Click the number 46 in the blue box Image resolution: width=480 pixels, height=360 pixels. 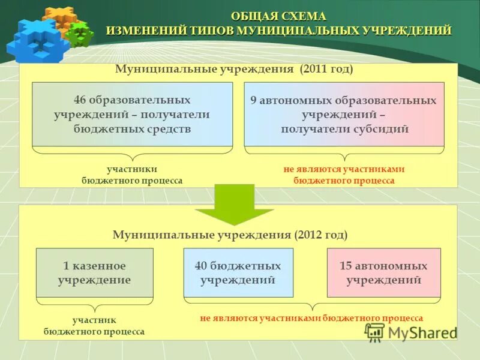pyautogui.click(x=80, y=100)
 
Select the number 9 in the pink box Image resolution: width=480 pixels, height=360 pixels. pyautogui.click(x=253, y=101)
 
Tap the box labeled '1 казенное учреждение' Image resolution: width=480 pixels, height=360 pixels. pyautogui.click(x=95, y=273)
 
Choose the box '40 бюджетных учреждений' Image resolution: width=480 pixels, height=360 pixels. pyautogui.click(x=238, y=273)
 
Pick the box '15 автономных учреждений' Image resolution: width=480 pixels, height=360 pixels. pyautogui.click(x=383, y=273)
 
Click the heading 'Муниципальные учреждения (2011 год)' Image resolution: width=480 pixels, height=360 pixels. pyautogui.click(x=234, y=70)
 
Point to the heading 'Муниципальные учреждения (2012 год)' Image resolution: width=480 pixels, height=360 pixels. pyautogui.click(x=230, y=235)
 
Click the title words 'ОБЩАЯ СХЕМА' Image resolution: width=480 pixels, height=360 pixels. pyautogui.click(x=278, y=16)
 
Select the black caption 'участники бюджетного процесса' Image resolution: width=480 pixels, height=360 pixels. pyautogui.click(x=132, y=175)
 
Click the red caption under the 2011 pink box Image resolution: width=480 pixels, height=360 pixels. pyautogui.click(x=344, y=175)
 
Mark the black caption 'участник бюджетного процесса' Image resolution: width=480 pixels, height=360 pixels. pyautogui.click(x=94, y=326)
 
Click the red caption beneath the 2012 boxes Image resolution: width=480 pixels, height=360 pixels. pyautogui.click(x=311, y=318)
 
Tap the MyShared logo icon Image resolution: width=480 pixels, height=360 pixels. pyautogui.click(x=375, y=332)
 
